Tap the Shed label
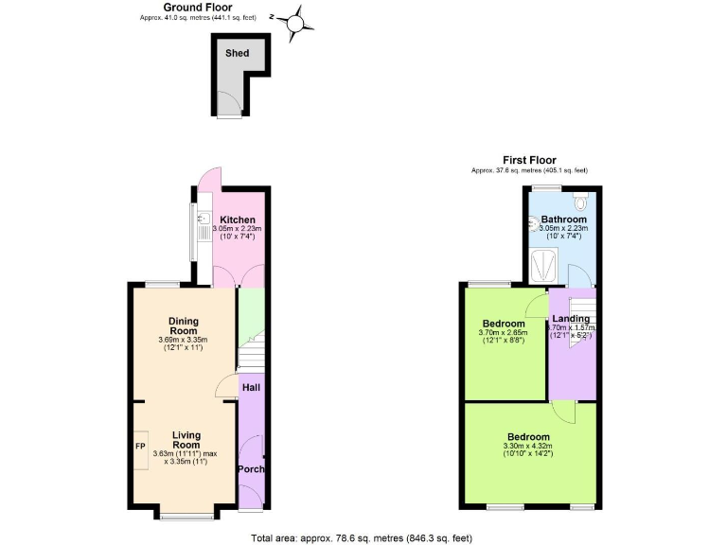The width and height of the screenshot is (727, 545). (237, 53)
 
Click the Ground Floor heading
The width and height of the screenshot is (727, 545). (198, 7)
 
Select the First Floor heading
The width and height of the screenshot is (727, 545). (529, 160)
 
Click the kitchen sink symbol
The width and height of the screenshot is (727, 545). (203, 221)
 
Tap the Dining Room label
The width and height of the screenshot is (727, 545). (184, 325)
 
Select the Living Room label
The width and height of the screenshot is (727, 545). (186, 440)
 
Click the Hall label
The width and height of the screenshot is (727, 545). (251, 387)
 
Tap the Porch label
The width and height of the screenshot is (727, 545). (251, 469)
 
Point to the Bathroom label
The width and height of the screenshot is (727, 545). (563, 220)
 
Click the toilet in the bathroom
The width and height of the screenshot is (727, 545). (580, 200)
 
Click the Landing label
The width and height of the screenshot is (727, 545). (571, 319)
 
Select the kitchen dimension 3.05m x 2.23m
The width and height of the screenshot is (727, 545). (237, 229)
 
